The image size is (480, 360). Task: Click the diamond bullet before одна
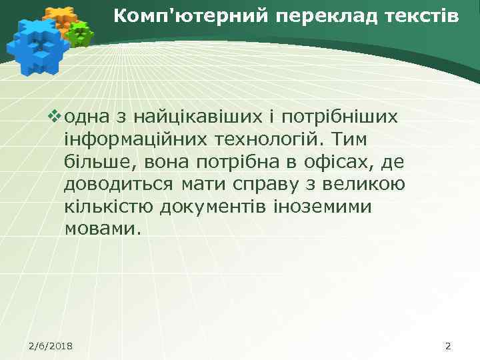coord(55,117)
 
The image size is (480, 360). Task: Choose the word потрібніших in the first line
coord(340,118)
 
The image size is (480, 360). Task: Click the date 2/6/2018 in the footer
coord(51,345)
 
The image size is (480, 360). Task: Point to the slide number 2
coord(447,345)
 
